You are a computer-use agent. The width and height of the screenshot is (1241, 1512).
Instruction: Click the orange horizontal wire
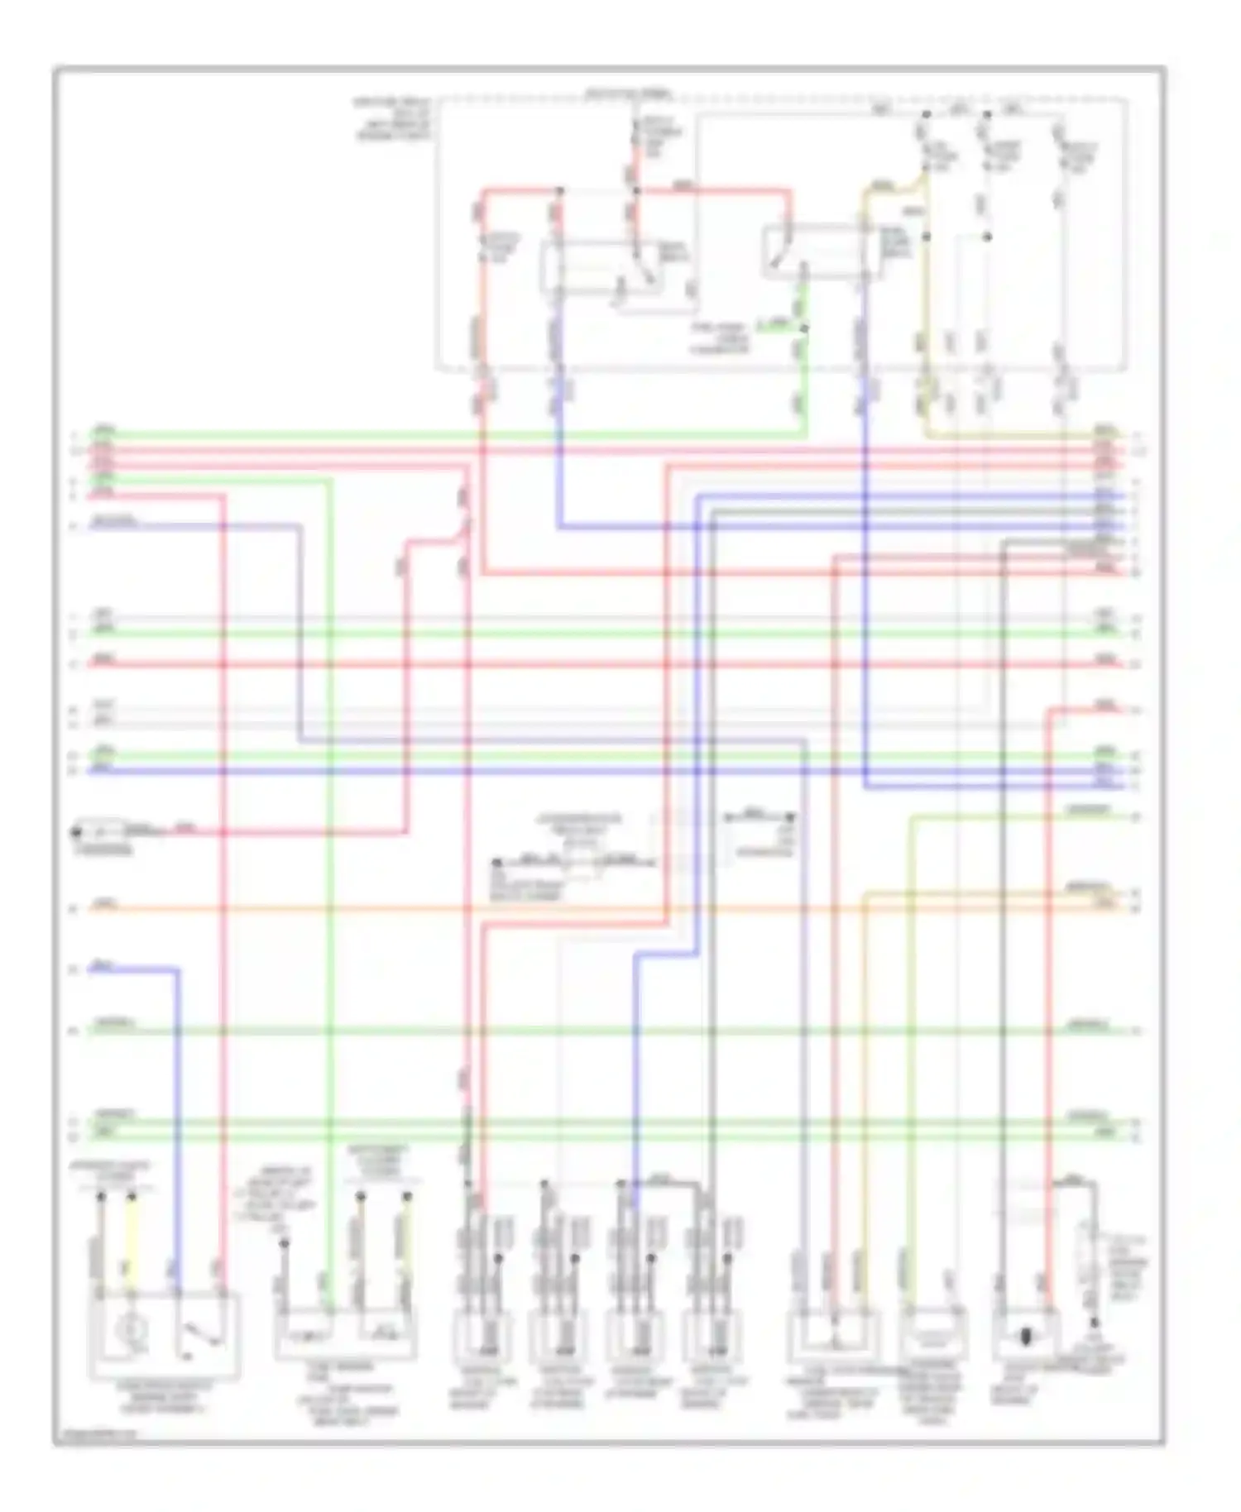pos(579,909)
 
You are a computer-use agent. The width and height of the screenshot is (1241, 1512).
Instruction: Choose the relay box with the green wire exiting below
pos(815,248)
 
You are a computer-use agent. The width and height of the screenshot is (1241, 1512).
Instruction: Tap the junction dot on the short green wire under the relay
pos(805,328)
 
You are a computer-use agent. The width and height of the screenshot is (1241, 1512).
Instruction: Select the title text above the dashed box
pos(629,93)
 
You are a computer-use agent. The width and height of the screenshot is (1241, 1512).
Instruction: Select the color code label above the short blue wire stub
pos(103,963)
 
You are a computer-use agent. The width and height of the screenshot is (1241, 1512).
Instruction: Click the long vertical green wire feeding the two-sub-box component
pos(330,910)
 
